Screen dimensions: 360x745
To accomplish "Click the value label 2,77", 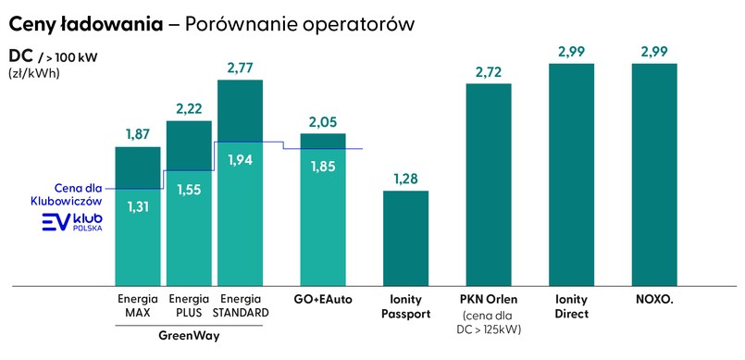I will (x=240, y=68).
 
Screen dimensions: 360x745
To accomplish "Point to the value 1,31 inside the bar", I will (x=137, y=206).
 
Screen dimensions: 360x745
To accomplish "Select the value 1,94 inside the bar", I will (x=240, y=159).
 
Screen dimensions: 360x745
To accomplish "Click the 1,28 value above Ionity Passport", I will (x=405, y=178).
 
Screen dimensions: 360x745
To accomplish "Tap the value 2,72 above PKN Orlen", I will (x=489, y=70).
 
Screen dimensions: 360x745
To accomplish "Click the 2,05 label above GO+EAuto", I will (x=323, y=121).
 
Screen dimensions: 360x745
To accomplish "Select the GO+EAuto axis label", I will (x=323, y=300).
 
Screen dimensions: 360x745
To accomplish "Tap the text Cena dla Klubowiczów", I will (x=67, y=192).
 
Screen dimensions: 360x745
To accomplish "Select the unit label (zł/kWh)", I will (x=33, y=74).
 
